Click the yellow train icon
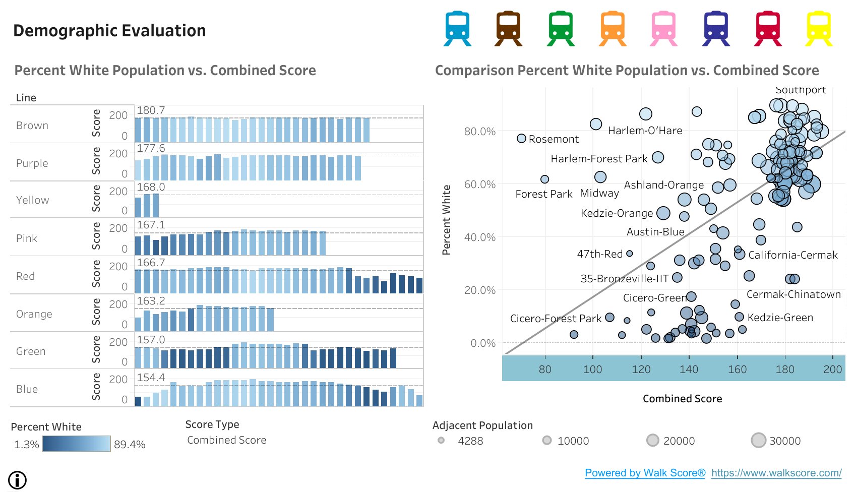point(818,29)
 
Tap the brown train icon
point(508,29)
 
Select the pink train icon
point(663,29)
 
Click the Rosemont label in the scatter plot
point(554,139)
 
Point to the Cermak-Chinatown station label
point(793,294)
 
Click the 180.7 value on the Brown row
point(151,110)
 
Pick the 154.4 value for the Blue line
point(151,378)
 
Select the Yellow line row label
point(32,200)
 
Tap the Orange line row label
point(34,314)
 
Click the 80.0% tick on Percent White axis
point(479,132)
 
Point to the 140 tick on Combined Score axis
point(689,369)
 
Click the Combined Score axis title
point(682,399)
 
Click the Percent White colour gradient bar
point(76,444)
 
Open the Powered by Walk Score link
point(645,473)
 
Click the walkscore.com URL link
point(776,473)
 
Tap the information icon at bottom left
point(18,480)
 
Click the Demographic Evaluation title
point(109,31)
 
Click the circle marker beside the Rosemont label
point(522,138)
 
